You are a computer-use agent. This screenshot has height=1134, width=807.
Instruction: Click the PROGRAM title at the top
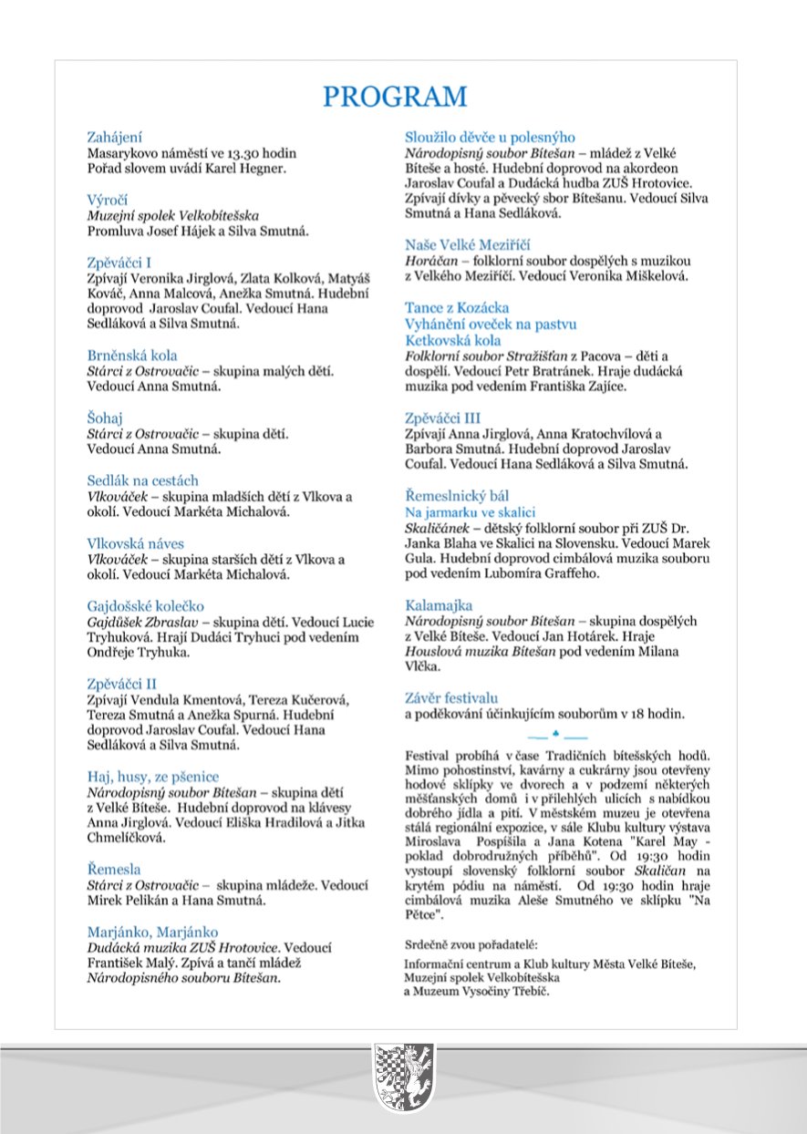395,97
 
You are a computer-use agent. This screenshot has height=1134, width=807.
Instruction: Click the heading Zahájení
114,138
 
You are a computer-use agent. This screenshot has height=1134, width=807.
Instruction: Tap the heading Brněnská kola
132,356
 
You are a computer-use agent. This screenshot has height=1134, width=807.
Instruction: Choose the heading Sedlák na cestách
142,480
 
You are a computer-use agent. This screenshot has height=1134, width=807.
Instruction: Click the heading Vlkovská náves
140,542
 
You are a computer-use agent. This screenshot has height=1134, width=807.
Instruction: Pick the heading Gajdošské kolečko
145,605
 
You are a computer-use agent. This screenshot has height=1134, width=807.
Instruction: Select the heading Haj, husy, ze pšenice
153,777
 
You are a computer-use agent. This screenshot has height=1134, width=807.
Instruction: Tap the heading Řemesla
114,870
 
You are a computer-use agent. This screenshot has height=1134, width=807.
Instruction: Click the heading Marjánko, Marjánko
152,932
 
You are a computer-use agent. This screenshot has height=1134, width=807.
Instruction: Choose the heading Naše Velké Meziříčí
468,245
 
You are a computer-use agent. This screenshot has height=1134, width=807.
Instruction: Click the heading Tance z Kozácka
457,308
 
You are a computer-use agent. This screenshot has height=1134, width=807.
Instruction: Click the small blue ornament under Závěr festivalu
556,733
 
